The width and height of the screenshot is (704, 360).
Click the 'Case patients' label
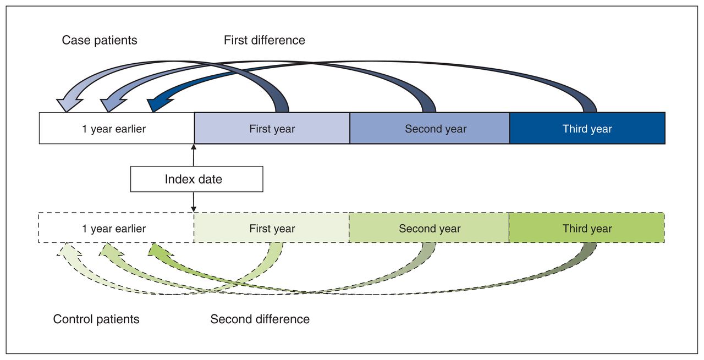100,41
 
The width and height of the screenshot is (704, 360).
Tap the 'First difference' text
265,40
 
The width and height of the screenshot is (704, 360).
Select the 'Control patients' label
96,319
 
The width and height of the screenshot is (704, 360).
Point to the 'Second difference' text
260,319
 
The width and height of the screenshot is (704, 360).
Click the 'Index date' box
197,179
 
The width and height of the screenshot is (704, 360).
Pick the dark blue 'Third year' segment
587,128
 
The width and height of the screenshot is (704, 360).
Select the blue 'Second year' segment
430,128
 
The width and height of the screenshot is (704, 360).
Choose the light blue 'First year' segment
272,128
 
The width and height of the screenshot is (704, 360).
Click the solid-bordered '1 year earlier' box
117,128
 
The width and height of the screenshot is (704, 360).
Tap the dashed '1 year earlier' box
116,228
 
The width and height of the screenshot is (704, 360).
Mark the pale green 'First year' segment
272,228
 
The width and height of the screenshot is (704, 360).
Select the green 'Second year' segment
429,228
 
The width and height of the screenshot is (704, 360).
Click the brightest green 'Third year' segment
586,228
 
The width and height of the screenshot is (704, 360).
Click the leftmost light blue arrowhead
69,104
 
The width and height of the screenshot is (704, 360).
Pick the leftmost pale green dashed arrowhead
68,250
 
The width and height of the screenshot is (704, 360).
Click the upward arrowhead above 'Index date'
194,147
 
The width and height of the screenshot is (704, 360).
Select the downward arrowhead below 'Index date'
194,209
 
